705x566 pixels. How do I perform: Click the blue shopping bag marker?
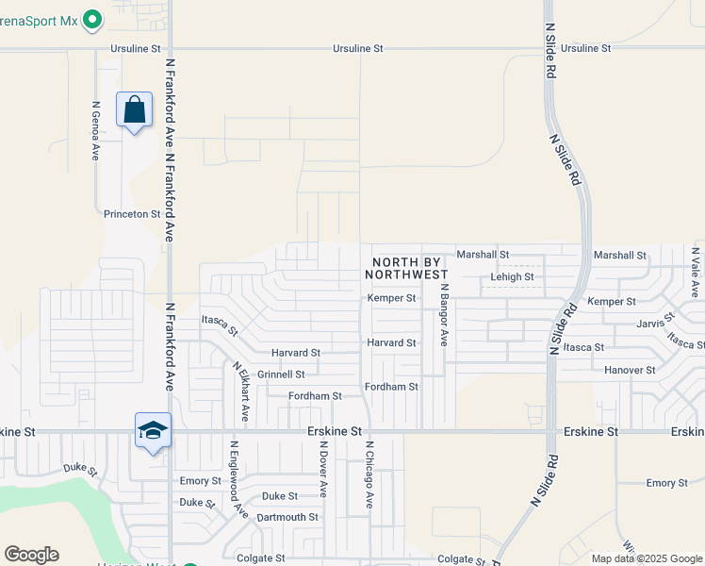tap(135, 109)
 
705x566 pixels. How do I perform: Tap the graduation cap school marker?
tap(153, 431)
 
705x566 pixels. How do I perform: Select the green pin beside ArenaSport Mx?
tap(92, 18)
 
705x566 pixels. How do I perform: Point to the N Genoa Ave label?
tap(96, 130)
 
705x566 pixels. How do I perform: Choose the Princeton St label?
tap(132, 214)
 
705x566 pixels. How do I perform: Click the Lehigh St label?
tap(512, 277)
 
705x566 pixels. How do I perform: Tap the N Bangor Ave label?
tap(444, 314)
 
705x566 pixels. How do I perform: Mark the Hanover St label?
tap(630, 371)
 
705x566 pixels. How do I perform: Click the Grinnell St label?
tap(281, 375)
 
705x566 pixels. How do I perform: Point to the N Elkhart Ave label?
tap(239, 391)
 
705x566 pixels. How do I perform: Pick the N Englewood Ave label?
tap(237, 480)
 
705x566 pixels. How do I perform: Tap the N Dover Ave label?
tap(322, 469)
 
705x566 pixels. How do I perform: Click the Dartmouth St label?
tap(287, 517)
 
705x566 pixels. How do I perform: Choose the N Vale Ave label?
tap(695, 272)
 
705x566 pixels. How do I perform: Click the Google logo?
tap(31, 555)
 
